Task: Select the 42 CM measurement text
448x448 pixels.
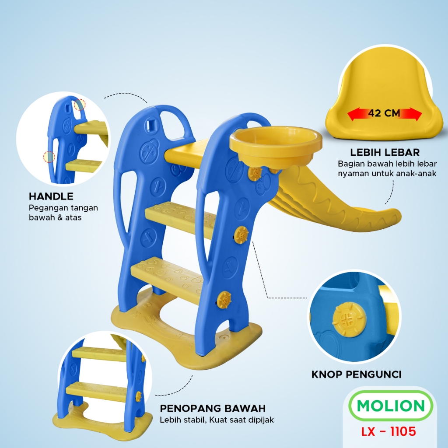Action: pyautogui.click(x=384, y=113)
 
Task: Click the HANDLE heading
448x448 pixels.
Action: pyautogui.click(x=51, y=196)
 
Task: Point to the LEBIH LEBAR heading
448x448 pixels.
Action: pyautogui.click(x=385, y=152)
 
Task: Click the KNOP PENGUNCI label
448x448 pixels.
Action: pyautogui.click(x=357, y=374)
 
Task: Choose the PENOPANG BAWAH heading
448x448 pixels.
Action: pyautogui.click(x=213, y=409)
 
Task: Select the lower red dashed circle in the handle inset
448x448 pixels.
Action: pyautogui.click(x=49, y=157)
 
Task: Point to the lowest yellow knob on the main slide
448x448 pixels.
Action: pyautogui.click(x=224, y=300)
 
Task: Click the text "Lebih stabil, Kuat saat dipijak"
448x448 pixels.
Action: pyautogui.click(x=217, y=420)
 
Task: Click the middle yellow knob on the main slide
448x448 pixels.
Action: pyautogui.click(x=241, y=235)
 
